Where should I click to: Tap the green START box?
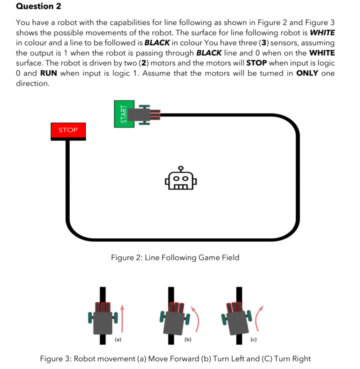click(x=124, y=113)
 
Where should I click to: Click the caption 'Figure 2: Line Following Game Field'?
click(x=175, y=257)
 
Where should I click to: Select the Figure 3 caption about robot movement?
click(x=175, y=358)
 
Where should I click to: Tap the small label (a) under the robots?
click(x=118, y=339)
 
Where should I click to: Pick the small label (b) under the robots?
click(x=188, y=339)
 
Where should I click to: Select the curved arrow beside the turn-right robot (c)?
click(x=257, y=320)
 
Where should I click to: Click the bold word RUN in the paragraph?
click(x=48, y=73)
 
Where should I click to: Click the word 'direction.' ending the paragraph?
click(x=32, y=83)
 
